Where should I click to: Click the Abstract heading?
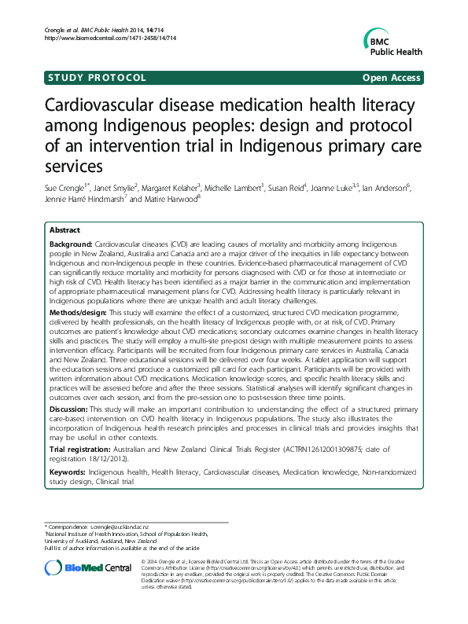(64, 231)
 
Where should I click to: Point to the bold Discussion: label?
(68, 409)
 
